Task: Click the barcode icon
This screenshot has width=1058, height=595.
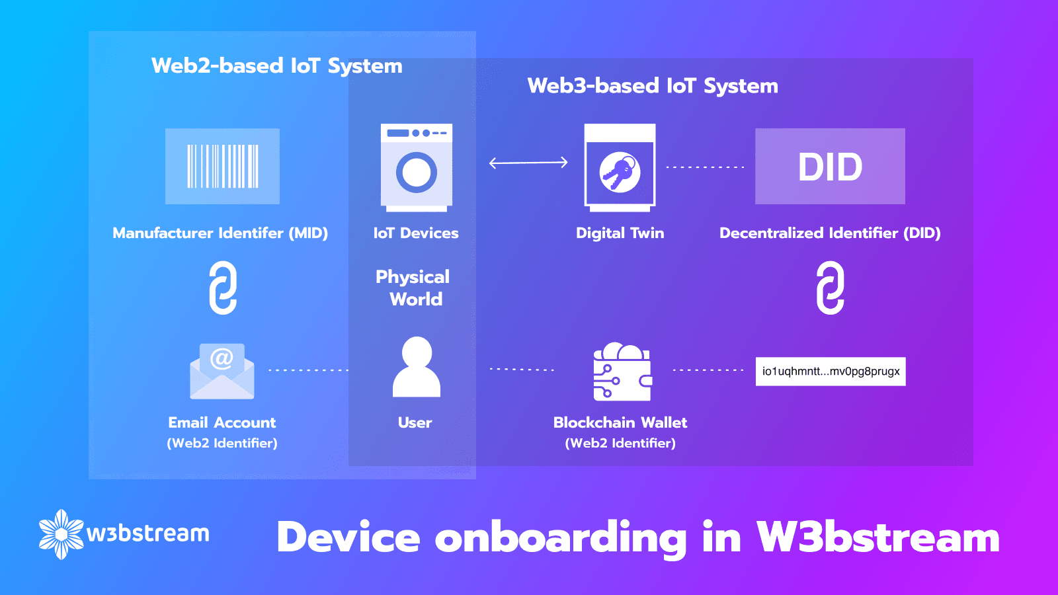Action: pos(222,166)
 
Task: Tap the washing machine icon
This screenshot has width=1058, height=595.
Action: pos(416,168)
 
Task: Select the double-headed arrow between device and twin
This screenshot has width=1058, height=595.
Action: pos(528,163)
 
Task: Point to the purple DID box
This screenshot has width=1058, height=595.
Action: pos(830,166)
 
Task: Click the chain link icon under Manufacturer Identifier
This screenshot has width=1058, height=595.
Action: pos(223,288)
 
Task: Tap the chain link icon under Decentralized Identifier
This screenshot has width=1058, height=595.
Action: pos(831,288)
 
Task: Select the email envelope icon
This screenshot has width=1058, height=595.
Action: pos(222,371)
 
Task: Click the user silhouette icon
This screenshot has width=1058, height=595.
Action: pos(416,367)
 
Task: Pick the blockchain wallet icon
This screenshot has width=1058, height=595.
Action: pos(622,372)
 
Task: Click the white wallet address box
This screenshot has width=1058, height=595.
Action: pos(831,371)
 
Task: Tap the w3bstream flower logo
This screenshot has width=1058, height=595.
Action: pos(61,534)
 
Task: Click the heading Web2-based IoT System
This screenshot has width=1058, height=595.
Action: pos(277,65)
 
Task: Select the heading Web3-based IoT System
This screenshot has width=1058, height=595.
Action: pos(653,86)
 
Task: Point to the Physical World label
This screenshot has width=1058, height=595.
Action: pos(413,288)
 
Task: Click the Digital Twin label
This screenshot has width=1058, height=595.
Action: pos(620,233)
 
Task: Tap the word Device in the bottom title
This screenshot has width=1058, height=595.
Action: pos(348,537)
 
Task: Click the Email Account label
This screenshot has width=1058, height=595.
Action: pos(222,422)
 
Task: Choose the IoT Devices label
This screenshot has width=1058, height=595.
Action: pos(416,233)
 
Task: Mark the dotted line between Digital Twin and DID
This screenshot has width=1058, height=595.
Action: pos(705,167)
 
